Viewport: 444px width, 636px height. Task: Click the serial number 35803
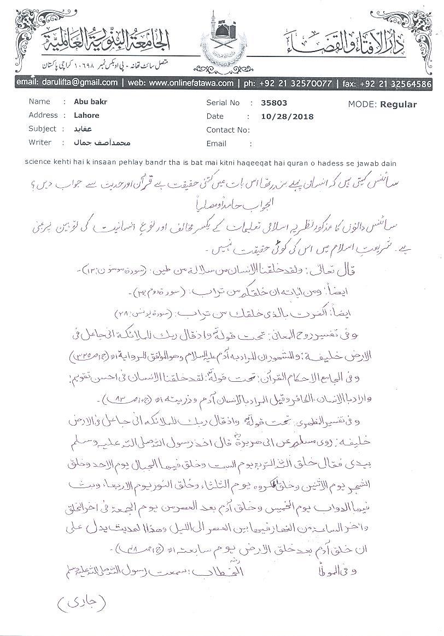click(274, 102)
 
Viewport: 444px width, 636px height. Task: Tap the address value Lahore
click(86, 116)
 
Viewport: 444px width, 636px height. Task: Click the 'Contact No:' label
click(228, 130)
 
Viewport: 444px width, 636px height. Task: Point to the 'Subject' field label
click(42, 129)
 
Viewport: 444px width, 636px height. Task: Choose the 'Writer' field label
click(40, 142)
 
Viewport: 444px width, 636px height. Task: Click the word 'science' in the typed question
click(38, 163)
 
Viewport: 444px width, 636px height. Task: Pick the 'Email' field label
click(217, 144)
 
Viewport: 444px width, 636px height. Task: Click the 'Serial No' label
click(223, 102)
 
